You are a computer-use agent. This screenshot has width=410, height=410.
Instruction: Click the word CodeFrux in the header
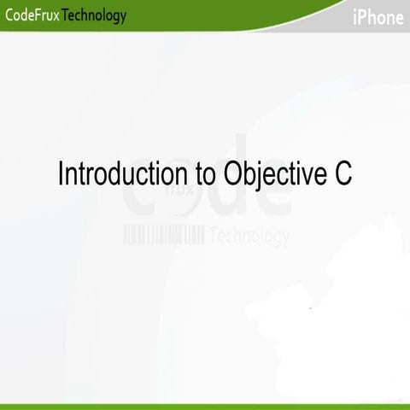click(31, 15)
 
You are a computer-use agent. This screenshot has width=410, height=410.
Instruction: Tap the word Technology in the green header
click(95, 15)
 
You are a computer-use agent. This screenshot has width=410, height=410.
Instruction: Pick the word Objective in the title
click(271, 174)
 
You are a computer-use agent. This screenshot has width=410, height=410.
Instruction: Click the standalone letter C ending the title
click(343, 173)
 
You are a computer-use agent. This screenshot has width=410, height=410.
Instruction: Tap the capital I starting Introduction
click(61, 173)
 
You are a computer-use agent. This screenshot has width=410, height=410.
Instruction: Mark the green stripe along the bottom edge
click(205, 407)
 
